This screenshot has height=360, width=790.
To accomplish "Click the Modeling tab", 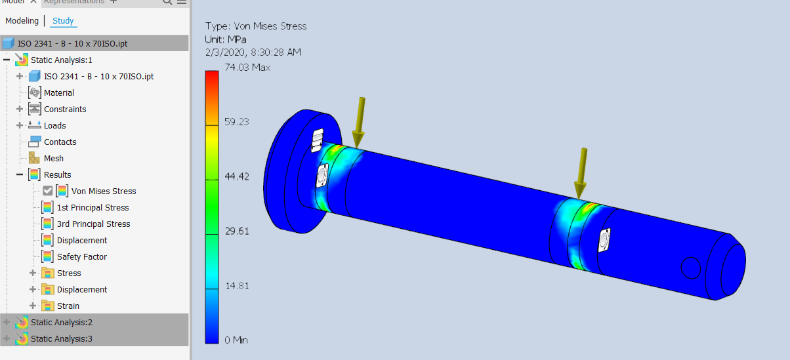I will pos(22,21).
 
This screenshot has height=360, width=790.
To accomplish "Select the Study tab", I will pos(63,21).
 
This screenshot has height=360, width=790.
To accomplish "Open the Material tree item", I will pos(58,93).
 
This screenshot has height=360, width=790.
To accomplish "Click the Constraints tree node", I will pos(64,110).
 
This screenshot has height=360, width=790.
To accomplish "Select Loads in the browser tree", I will pos(54,126).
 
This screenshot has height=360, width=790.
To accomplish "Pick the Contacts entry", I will pos(60,142).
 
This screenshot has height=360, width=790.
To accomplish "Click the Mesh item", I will pos(53,159).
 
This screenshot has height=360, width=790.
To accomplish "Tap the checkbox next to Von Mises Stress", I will pos(48,191).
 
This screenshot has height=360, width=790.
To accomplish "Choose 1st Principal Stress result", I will pos(93,208).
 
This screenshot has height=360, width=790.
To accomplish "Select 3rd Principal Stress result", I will pos(93,224).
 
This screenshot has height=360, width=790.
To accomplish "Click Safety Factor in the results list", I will pos(81,257).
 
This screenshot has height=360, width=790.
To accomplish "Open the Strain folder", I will pos(68,306).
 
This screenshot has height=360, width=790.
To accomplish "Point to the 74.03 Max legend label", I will pos(247,68).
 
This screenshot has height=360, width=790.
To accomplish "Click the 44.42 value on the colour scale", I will pos(236,176).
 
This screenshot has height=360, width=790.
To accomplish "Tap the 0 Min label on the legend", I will pos(236,340).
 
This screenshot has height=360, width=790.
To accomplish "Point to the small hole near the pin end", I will pos(690,268).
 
